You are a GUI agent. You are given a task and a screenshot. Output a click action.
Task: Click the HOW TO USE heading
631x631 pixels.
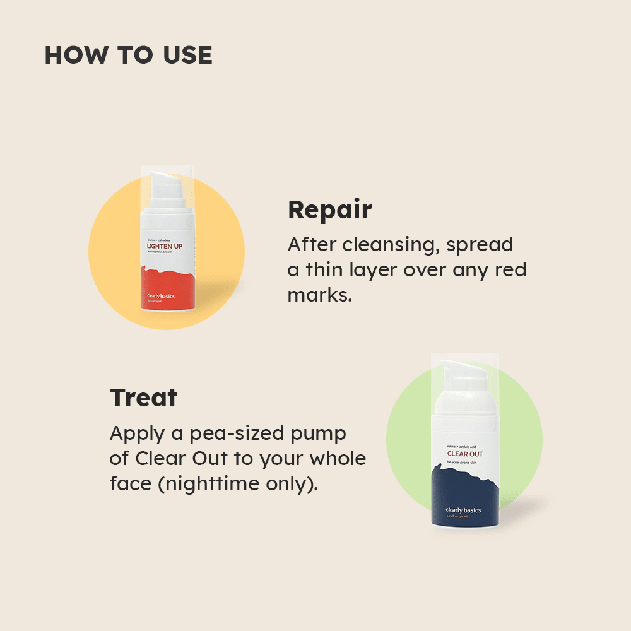tap(128, 56)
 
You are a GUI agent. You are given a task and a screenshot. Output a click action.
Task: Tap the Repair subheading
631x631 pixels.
tap(329, 210)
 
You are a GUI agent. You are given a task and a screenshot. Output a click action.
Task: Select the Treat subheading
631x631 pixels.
tap(143, 398)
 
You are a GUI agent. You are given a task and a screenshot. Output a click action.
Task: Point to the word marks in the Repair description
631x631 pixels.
tap(319, 295)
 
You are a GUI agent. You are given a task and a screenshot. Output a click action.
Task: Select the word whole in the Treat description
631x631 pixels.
tap(338, 459)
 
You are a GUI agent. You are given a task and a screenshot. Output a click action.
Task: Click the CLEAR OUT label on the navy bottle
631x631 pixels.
tap(464, 454)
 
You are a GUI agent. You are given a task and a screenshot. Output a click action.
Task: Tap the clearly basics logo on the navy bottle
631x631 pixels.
tap(463, 510)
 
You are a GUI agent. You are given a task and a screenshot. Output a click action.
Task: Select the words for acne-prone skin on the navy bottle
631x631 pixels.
tap(466, 463)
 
